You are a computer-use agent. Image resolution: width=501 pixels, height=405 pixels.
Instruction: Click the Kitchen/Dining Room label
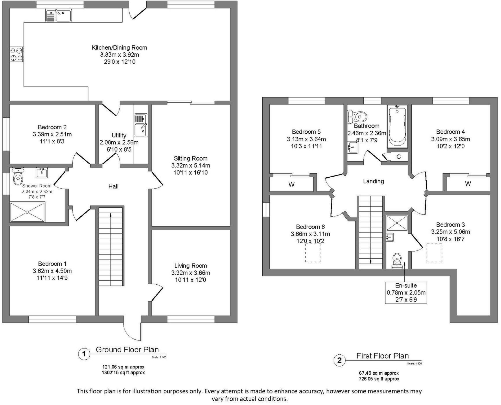pyautogui.click(x=119, y=48)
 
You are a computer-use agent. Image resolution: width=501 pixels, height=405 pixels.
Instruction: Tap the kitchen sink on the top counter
pyautogui.click(x=58, y=15)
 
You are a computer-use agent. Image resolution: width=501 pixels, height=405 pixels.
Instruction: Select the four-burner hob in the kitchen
pyautogui.click(x=17, y=54)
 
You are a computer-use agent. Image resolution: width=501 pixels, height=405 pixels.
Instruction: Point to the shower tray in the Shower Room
pyautogui.click(x=28, y=212)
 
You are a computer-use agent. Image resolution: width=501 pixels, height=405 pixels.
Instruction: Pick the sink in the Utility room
pyautogui.click(x=141, y=125)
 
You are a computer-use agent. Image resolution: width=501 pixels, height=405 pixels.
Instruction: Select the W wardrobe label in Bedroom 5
pyautogui.click(x=291, y=184)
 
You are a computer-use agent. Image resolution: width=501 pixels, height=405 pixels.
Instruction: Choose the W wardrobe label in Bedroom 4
pyautogui.click(x=468, y=183)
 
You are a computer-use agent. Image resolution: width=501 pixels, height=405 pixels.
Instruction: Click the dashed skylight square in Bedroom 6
pyautogui.click(x=313, y=253)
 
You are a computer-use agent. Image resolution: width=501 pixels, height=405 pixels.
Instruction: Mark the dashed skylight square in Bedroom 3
pyautogui.click(x=434, y=253)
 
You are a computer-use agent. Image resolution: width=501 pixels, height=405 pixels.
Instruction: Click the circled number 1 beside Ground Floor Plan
pyautogui.click(x=84, y=354)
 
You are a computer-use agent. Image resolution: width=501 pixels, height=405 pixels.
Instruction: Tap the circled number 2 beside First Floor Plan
pyautogui.click(x=340, y=360)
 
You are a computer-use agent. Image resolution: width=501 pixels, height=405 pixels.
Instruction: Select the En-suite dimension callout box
pyautogui.click(x=406, y=292)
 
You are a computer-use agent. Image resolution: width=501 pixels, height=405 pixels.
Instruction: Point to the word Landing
pyautogui.click(x=373, y=181)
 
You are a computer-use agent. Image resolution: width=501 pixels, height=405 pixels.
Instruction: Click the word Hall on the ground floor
pyautogui.click(x=113, y=187)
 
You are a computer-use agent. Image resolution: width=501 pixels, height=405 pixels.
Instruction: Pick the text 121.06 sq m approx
pyautogui.click(x=124, y=367)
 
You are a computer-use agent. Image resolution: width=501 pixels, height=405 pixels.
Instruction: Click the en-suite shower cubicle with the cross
pyautogui.click(x=397, y=223)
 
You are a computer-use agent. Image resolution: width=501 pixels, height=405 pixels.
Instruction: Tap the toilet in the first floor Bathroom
pyautogui.click(x=358, y=116)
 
